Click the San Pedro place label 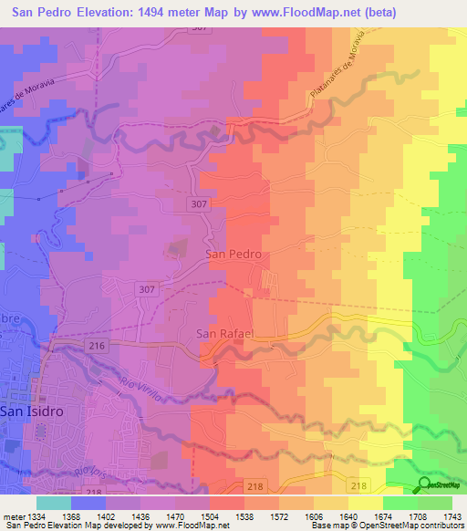click(x=234, y=255)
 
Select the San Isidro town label click(x=30, y=411)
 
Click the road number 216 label click(x=99, y=346)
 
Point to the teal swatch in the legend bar click(x=54, y=503)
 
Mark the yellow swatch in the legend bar click(x=366, y=503)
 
